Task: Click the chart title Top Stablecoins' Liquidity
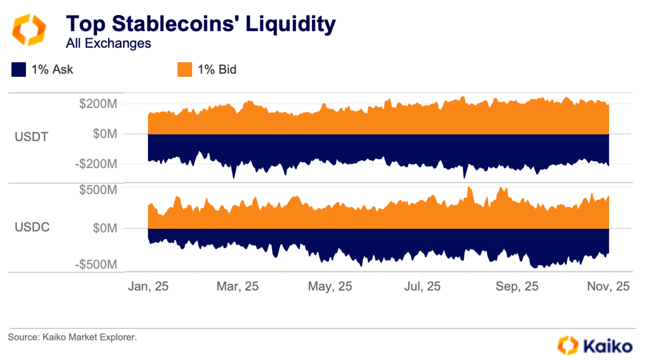click(200, 24)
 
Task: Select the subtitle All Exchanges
click(108, 43)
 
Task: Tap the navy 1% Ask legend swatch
click(19, 70)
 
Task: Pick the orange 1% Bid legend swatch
click(184, 70)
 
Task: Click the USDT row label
click(32, 137)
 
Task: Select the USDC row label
click(32, 227)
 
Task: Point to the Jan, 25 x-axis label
click(148, 286)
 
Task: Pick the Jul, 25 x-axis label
click(423, 286)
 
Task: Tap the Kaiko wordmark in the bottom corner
click(607, 346)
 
